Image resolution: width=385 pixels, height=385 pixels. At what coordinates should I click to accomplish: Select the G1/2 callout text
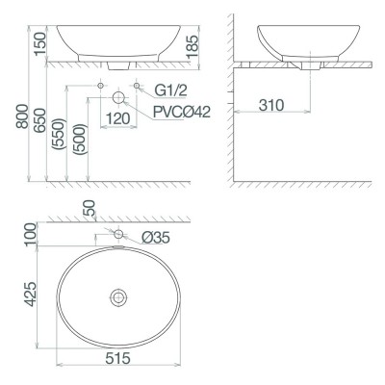(x=172, y=90)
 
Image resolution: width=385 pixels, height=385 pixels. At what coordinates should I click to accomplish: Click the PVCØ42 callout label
(x=179, y=109)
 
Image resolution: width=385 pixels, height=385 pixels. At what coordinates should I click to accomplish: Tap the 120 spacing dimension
(x=117, y=119)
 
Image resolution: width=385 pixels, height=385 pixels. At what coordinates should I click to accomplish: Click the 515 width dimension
(x=117, y=358)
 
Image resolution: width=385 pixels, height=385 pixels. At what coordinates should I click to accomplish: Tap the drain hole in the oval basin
(x=117, y=297)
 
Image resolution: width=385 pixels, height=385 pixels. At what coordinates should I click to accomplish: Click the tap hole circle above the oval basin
(x=118, y=234)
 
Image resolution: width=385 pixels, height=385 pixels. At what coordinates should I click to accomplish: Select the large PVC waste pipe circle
(x=118, y=98)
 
